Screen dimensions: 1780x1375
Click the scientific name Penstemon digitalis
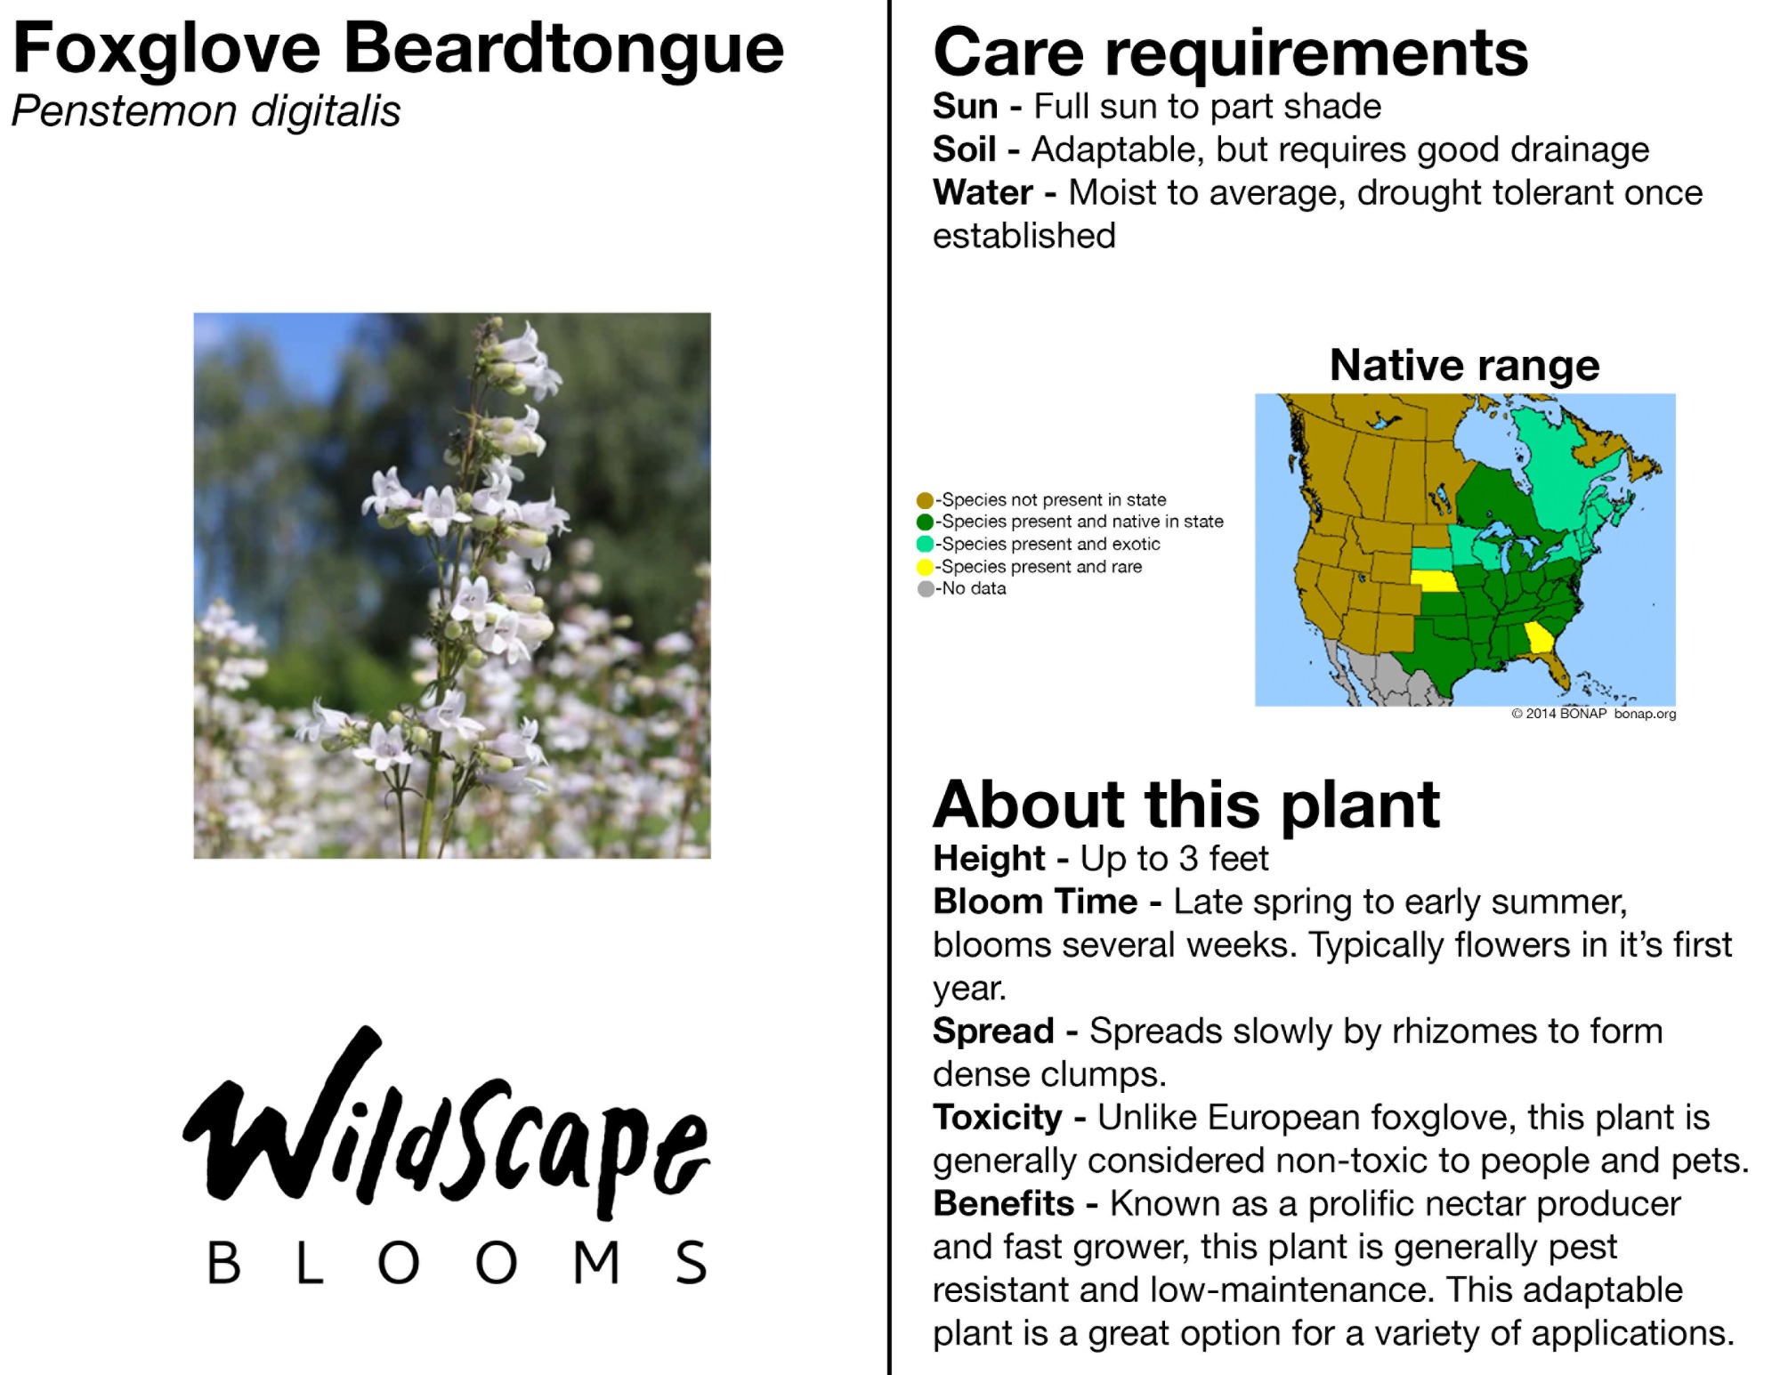pyautogui.click(x=206, y=112)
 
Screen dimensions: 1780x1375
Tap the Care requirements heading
pyautogui.click(x=1230, y=54)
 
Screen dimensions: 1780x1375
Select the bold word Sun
pyautogui.click(x=965, y=107)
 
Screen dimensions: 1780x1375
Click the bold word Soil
pyautogui.click(x=964, y=150)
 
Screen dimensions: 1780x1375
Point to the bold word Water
pyautogui.click(x=983, y=192)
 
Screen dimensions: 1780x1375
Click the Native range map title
pyautogui.click(x=1464, y=365)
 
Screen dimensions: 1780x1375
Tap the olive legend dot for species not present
pyautogui.click(x=925, y=500)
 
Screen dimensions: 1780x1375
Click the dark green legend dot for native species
pyautogui.click(x=925, y=522)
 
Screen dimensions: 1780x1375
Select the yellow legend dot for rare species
pyautogui.click(x=925, y=567)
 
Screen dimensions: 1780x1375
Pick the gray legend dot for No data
pyautogui.click(x=926, y=589)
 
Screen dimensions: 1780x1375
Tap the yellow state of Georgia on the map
pyautogui.click(x=1539, y=637)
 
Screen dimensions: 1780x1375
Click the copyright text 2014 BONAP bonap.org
pyautogui.click(x=1593, y=714)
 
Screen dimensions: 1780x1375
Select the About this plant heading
pyautogui.click(x=1186, y=805)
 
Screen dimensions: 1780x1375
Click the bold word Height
pyautogui.click(x=989, y=859)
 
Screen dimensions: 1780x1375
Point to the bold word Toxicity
pyautogui.click(x=998, y=1119)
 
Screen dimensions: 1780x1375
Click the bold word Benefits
pyautogui.click(x=1003, y=1204)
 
